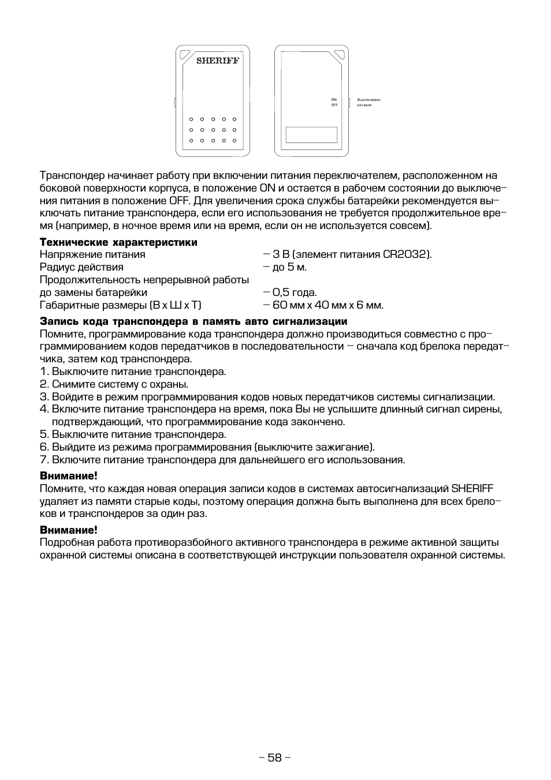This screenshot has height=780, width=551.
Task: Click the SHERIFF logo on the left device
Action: (217, 61)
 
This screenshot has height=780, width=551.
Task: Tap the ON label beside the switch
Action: (334, 100)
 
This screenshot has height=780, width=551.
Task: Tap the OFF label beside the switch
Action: (334, 105)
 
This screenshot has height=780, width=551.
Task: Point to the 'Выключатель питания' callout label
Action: (368, 102)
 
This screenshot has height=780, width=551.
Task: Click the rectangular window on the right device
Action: (312, 134)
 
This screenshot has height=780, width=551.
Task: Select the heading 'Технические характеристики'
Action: (118, 242)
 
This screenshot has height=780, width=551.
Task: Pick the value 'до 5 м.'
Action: (285, 267)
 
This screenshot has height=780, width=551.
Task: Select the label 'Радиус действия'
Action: (81, 267)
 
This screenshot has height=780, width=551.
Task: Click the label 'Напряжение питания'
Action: (92, 254)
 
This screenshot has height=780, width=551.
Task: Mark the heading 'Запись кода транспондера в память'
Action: (193, 321)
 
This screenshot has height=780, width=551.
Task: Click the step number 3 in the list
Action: (44, 397)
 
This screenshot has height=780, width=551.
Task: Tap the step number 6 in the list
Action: (44, 447)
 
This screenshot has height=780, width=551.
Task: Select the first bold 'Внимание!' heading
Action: (68, 476)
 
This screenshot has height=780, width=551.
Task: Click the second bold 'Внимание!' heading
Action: (68, 530)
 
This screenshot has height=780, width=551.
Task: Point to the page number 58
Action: (275, 757)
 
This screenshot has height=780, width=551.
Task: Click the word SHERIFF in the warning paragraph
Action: (472, 489)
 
